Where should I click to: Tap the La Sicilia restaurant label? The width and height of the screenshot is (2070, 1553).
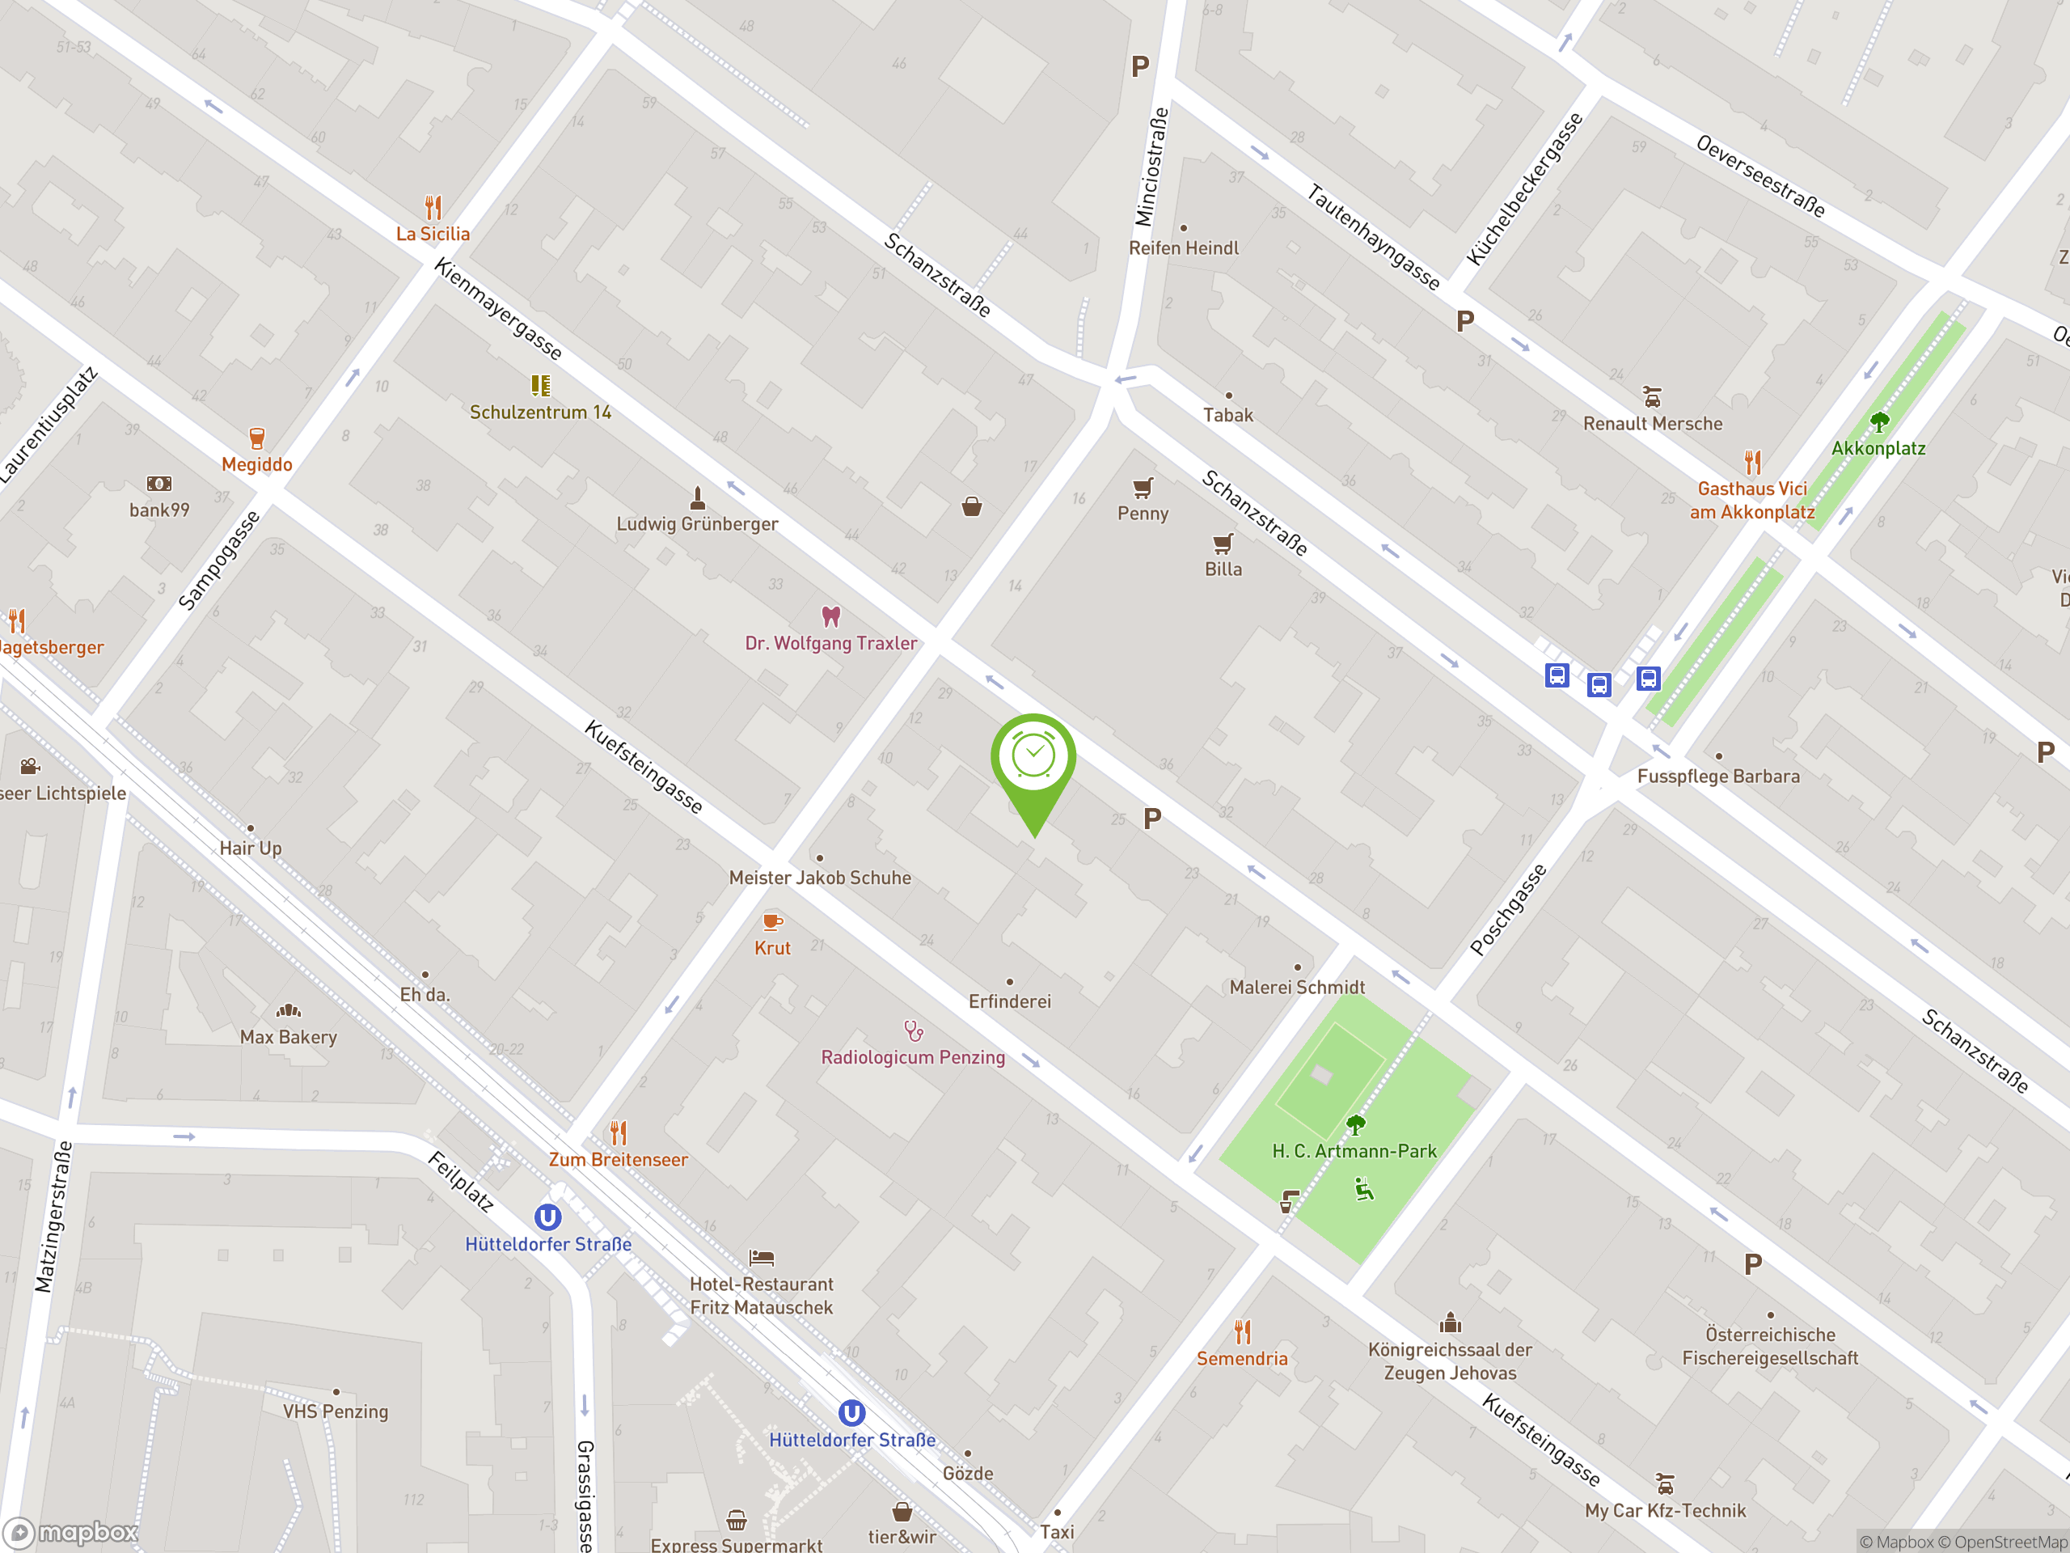(x=433, y=234)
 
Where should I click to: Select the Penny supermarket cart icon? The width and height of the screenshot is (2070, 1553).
(x=1143, y=488)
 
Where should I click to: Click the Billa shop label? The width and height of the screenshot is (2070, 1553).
(x=1223, y=569)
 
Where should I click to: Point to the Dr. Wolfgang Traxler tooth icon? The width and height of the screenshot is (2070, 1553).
(x=831, y=617)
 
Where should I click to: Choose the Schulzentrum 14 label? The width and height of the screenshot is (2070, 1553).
(x=540, y=413)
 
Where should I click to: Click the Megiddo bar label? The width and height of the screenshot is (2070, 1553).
(x=256, y=465)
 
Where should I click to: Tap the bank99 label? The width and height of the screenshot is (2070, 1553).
(x=159, y=510)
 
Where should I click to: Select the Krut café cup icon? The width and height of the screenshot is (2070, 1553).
(x=773, y=922)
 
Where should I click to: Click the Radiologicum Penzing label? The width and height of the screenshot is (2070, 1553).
(x=912, y=1058)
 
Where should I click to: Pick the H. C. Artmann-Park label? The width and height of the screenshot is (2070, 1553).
(x=1354, y=1152)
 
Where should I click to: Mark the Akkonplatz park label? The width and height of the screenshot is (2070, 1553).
(x=1878, y=448)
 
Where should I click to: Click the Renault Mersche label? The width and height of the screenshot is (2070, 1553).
(x=1653, y=424)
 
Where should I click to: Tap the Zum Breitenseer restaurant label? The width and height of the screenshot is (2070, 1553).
(x=618, y=1160)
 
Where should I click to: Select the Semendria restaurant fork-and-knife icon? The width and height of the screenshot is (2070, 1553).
(x=1243, y=1331)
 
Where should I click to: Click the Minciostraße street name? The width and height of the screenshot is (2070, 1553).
(x=1151, y=167)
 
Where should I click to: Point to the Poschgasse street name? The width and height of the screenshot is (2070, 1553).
(x=1509, y=910)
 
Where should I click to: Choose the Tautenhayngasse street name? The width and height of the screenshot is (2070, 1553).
(x=1373, y=237)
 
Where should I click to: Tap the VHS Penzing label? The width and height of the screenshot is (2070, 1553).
(x=335, y=1411)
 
